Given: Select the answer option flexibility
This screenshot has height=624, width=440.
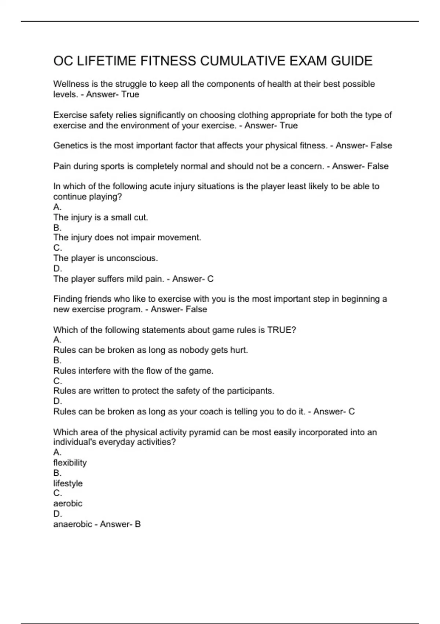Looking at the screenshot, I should coord(70,462).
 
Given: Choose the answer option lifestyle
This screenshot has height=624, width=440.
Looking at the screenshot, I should coord(68,483).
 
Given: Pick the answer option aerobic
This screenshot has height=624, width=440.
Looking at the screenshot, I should coord(68,504).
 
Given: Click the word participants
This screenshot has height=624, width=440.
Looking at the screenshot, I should coord(250,391).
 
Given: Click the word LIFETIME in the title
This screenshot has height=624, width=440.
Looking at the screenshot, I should coord(104,61).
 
